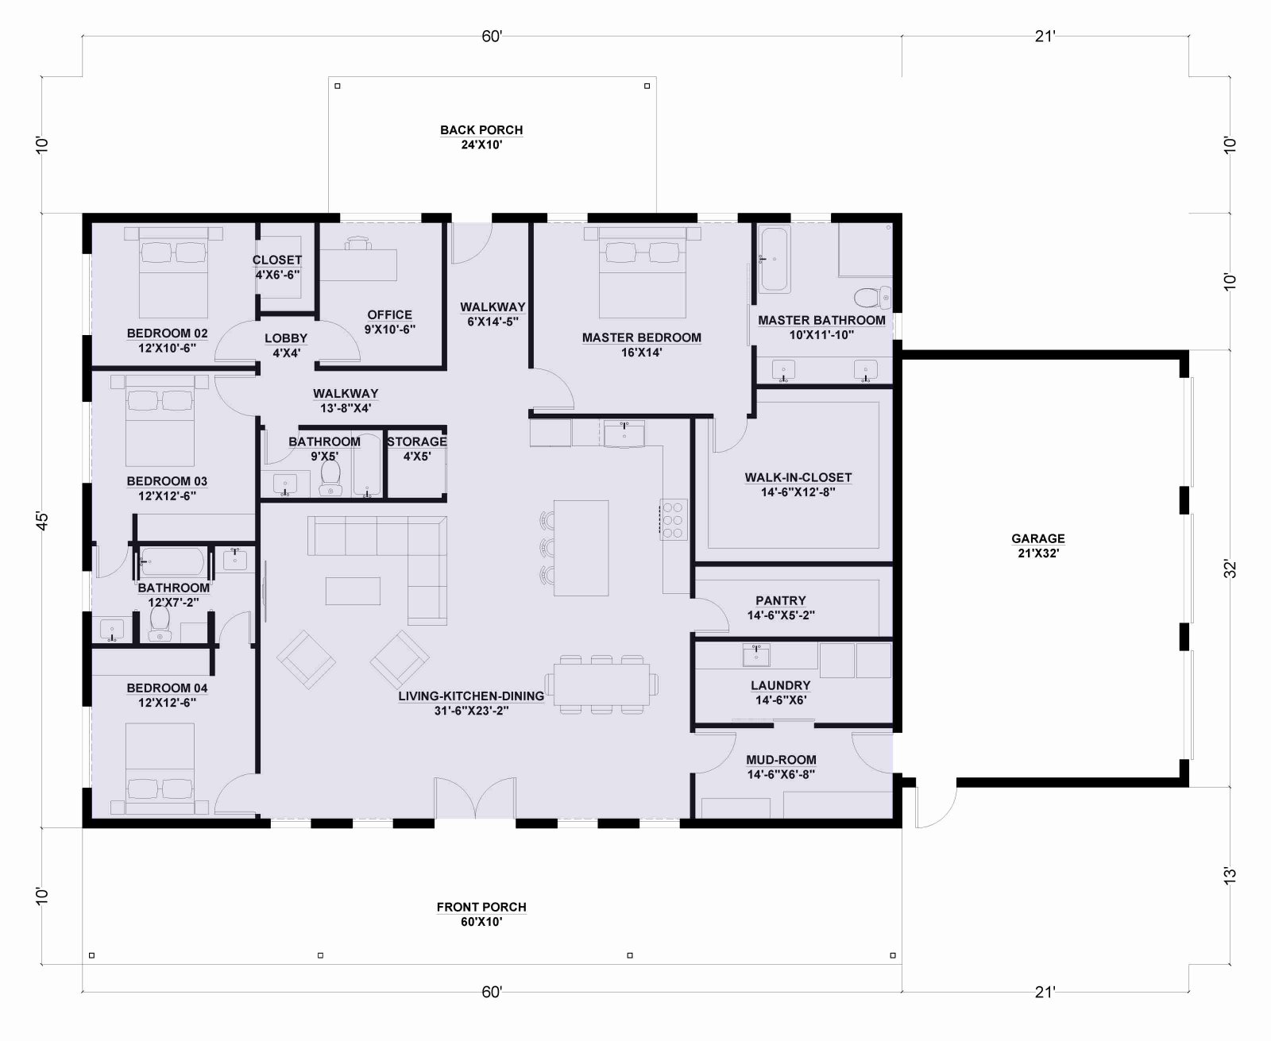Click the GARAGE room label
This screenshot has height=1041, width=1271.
1037,538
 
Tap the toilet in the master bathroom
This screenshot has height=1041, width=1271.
872,297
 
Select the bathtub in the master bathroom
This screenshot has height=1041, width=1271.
774,259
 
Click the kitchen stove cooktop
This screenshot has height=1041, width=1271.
674,519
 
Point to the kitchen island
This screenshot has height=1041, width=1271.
581,548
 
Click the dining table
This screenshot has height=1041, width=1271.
601,684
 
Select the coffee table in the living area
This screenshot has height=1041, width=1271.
353,591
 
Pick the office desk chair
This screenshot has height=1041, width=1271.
357,244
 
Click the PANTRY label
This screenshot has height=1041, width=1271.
780,600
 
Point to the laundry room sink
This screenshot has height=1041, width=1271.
755,655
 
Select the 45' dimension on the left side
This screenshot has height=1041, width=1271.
41,521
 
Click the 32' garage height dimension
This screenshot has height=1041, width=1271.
1230,569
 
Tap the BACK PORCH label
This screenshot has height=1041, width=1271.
481,129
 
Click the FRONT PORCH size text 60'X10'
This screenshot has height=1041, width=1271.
481,922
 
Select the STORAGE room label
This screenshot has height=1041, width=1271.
416,441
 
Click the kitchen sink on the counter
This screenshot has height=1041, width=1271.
624,433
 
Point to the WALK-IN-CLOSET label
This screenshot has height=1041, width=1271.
798,477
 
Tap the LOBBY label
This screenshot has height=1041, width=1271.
286,338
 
